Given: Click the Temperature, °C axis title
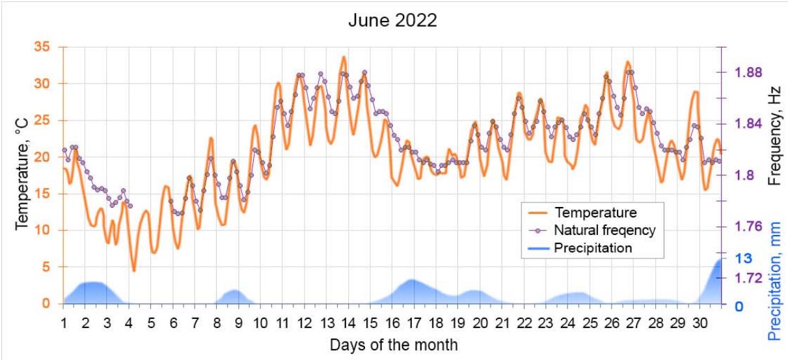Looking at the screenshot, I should click(22, 173).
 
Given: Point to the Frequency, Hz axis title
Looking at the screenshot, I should click(774, 135).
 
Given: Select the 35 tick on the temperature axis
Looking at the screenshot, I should click(41, 47).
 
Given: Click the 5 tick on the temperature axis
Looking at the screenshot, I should click(46, 267).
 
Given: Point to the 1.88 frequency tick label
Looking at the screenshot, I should click(748, 72).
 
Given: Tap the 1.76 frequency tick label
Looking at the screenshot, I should click(748, 227).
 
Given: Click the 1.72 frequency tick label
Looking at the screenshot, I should click(748, 278).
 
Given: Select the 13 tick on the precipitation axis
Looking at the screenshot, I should click(744, 258).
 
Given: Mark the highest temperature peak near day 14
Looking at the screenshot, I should click(344, 57).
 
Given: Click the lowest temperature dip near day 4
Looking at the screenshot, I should click(133, 270).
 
